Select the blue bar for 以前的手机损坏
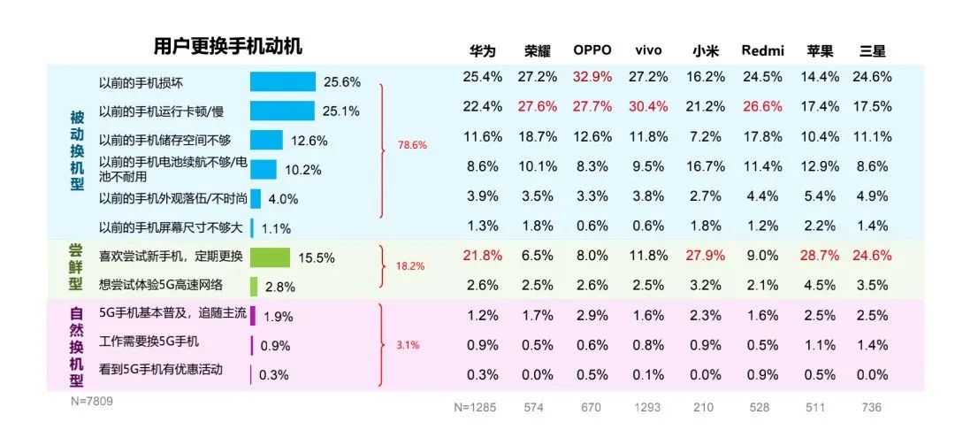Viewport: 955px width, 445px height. [x=282, y=81]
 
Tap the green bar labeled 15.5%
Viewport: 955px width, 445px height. [x=270, y=257]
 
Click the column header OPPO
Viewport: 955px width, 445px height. [x=592, y=50]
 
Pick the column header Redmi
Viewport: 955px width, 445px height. [x=762, y=50]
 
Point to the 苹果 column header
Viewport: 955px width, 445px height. [x=820, y=50]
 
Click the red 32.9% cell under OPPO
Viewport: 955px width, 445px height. [x=592, y=77]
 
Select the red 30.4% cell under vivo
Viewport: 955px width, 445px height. [x=648, y=107]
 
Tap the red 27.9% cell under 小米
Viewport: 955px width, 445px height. [x=706, y=256]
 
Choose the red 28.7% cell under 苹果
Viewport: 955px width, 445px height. [x=820, y=256]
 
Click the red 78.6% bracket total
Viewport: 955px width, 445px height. [x=412, y=144]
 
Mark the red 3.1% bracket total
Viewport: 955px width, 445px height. [x=408, y=345]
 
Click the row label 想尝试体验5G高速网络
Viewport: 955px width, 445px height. [x=161, y=285]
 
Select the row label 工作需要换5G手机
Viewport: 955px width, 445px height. [x=149, y=341]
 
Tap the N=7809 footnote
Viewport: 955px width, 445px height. [x=92, y=402]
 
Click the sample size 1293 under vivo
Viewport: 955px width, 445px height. [x=648, y=407]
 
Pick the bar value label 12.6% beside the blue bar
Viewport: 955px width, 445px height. [x=309, y=141]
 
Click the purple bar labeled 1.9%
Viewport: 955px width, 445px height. [x=253, y=316]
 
